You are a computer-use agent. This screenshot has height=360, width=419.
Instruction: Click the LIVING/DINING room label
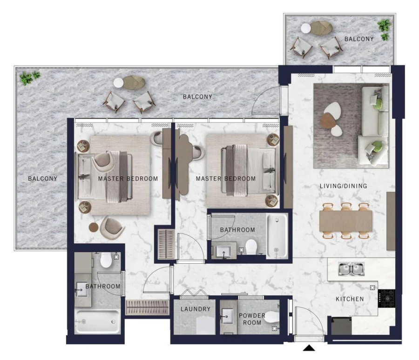pos(343,186)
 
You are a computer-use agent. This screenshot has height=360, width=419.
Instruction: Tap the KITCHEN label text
pos(350,299)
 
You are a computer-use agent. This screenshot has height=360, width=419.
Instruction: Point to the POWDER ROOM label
pos(251,319)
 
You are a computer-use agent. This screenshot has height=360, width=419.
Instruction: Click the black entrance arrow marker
pos(310,347)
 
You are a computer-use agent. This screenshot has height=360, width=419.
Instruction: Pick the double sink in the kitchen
pos(351,268)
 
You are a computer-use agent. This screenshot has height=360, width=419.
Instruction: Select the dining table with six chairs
pos(345,220)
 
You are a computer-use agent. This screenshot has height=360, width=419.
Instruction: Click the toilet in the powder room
pos(271,317)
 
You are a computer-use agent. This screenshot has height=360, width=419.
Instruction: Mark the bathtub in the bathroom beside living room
pos(277,236)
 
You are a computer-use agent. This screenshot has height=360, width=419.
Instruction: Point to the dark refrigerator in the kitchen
pos(341,326)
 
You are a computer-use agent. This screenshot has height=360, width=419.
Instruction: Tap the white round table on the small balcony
pos(305,28)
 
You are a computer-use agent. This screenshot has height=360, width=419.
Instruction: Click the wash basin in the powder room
pos(228,318)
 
